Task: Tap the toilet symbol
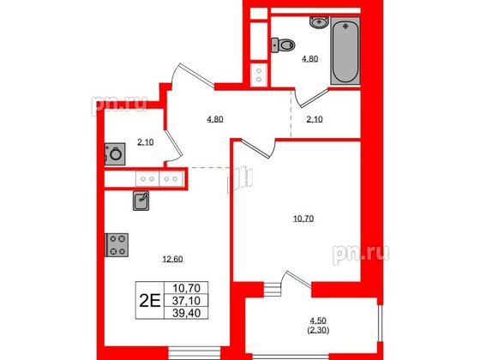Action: [x=279, y=45]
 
